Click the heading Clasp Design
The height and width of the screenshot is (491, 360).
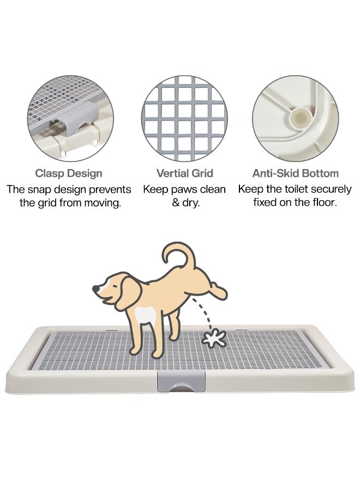click(69, 173)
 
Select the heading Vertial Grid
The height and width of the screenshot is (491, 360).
click(184, 173)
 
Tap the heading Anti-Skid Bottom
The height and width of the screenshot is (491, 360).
click(295, 173)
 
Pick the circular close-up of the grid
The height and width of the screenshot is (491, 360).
click(184, 118)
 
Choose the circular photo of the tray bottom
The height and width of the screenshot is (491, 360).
click(295, 118)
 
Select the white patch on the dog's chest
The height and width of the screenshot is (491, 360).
click(145, 315)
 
